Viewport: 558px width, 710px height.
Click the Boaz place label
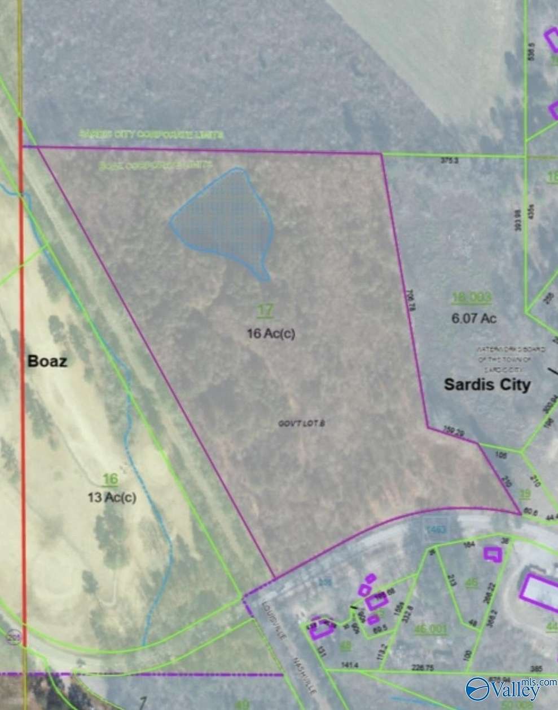tap(47, 361)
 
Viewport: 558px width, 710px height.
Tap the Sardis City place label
tap(487, 385)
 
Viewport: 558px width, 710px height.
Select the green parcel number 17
tap(265, 309)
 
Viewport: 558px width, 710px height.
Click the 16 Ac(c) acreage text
tap(271, 334)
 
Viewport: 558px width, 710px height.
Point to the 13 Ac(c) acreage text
tap(112, 498)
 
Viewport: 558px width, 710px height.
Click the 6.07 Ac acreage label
tap(474, 318)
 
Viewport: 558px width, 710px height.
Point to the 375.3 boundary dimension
tap(449, 161)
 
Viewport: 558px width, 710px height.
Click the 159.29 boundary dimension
tap(454, 433)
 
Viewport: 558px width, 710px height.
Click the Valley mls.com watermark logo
tap(508, 688)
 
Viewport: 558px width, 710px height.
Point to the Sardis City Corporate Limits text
tap(151, 135)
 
